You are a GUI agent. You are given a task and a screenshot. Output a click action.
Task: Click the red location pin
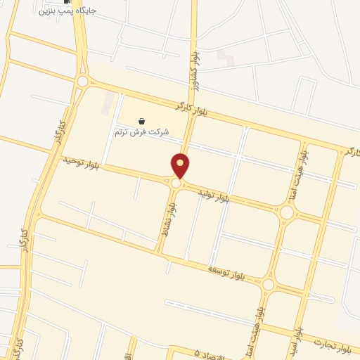[181, 165]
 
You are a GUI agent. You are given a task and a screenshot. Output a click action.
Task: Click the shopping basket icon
[142, 122]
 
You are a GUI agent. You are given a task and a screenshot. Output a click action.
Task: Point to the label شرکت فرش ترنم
[141, 131]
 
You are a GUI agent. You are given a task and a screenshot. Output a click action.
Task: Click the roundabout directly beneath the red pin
[175, 184]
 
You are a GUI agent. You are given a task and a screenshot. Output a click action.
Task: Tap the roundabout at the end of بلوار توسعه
[268, 285]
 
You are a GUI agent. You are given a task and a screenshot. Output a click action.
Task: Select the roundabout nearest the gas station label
[83, 82]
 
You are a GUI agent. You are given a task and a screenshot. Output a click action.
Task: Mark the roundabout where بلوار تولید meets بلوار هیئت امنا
[286, 212]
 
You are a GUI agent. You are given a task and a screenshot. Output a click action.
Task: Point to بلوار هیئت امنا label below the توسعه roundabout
[262, 320]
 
